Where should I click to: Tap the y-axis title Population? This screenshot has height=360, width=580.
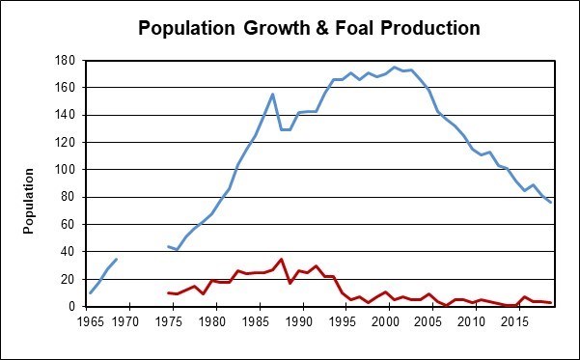point(30,201)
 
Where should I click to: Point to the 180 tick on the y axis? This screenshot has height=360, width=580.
point(68,60)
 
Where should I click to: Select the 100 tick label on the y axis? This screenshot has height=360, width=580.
point(68,170)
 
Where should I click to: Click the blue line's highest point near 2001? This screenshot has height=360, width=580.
point(394,67)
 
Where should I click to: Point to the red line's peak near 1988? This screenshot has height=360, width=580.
point(281,259)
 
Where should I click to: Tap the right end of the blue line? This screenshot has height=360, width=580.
point(550,202)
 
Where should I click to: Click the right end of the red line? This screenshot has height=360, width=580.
point(550,303)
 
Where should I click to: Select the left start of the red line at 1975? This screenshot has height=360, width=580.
point(168,292)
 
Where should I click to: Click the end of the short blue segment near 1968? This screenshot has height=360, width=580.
point(116,259)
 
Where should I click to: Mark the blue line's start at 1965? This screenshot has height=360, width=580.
point(90,292)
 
